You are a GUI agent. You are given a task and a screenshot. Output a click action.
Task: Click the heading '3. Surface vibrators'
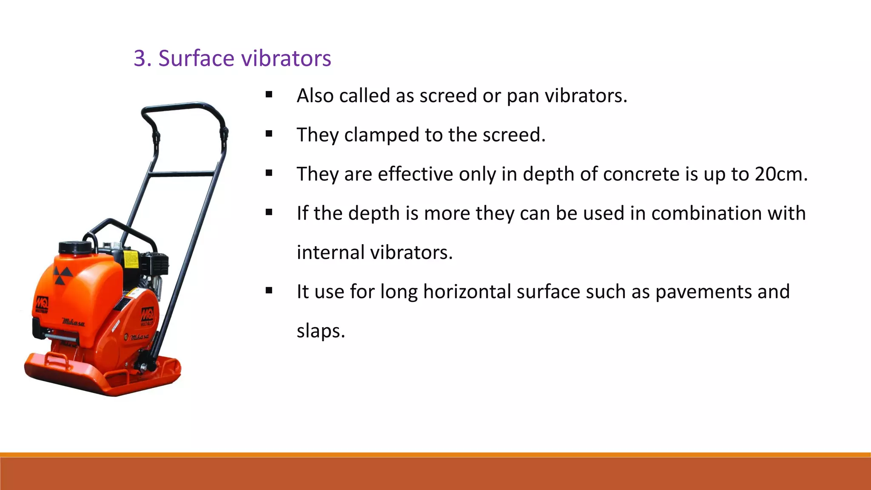tap(232, 58)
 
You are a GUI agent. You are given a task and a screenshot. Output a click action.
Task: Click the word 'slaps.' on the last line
tap(321, 331)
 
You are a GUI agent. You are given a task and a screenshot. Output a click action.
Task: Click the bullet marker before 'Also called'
tap(269, 94)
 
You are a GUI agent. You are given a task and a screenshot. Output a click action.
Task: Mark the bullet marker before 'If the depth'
tap(269, 212)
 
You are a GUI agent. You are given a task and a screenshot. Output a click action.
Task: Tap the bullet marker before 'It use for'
tap(269, 291)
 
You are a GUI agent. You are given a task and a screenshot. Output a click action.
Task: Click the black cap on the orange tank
tap(74, 247)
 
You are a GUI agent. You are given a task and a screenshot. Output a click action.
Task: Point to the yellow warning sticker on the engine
tap(131, 259)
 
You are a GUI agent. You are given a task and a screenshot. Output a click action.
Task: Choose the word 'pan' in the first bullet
tap(523, 96)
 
